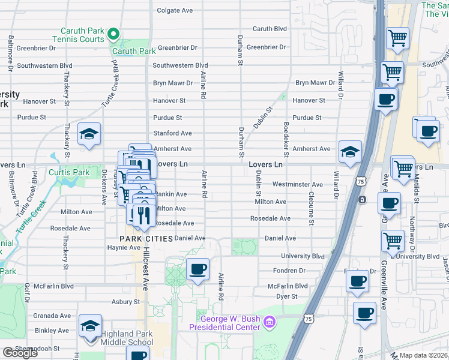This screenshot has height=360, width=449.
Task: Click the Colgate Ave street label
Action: coord(175,10)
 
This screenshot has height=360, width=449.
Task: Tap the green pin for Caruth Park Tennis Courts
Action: coord(113,35)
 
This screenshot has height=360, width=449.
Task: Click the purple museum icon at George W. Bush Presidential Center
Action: coord(270,323)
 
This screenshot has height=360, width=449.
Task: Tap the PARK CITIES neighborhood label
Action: coord(146,238)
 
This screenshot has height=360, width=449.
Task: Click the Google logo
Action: coord(20,353)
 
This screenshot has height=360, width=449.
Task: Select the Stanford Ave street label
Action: coord(172,133)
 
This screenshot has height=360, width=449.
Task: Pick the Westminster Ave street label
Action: coord(298,184)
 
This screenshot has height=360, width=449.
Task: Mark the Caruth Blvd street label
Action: coord(270,29)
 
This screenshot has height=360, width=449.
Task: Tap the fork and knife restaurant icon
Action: coord(142,215)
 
